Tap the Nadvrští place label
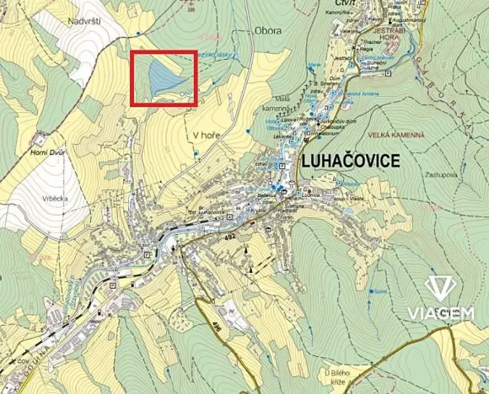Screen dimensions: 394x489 tap(85, 19)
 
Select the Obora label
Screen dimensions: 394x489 tap(268, 31)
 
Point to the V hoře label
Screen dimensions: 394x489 tap(206, 134)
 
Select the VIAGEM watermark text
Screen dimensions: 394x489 tap(440, 314)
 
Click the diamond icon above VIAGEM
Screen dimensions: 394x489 tap(439, 288)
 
